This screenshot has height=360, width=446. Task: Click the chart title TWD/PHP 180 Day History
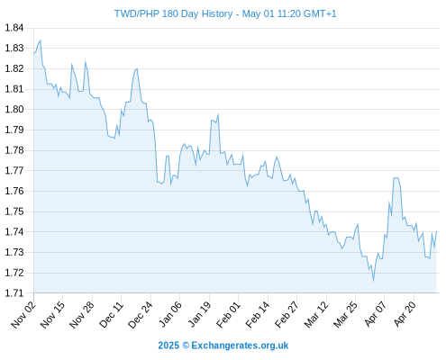173,13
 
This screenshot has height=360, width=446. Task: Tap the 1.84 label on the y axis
14,28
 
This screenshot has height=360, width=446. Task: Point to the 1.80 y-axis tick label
14,109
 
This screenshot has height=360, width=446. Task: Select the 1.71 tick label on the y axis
14,293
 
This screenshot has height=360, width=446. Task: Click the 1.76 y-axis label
14,191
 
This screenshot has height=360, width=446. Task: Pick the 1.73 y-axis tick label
14,252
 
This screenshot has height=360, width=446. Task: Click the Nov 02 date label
23,314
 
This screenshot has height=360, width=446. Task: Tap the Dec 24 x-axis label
141,314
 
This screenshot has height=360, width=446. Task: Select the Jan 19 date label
199,314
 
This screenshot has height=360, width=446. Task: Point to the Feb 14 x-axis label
258,314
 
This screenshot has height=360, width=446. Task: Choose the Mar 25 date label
345,314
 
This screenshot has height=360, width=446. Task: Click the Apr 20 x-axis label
405,314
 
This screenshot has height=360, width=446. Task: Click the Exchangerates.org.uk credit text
240,346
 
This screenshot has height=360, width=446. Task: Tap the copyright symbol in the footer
186,346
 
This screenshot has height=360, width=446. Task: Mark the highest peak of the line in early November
41,40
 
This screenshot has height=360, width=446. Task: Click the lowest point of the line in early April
373,281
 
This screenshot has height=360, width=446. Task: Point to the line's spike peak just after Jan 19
218,114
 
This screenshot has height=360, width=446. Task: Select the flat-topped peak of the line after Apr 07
396,178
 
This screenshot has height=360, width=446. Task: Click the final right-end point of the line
436,231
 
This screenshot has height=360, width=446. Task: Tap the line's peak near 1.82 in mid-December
137,69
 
